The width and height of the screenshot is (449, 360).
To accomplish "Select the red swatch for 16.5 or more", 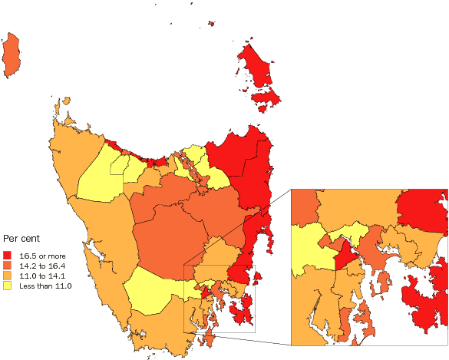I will click(8, 255).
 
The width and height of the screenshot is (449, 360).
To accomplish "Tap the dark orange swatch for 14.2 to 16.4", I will click(8, 265).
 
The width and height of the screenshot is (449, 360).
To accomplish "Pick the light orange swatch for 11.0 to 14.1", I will click(8, 275).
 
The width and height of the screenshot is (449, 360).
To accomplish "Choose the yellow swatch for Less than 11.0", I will click(8, 285).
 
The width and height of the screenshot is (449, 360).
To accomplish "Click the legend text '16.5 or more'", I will click(42, 255).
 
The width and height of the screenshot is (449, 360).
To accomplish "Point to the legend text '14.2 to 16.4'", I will click(42, 265).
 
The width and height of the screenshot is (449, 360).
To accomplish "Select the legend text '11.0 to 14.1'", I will click(42, 275).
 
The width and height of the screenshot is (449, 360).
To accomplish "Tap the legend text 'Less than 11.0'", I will click(45, 285).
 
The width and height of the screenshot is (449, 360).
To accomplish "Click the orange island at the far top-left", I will click(12, 55).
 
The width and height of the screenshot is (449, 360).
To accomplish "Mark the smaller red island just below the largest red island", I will click(265, 100).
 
